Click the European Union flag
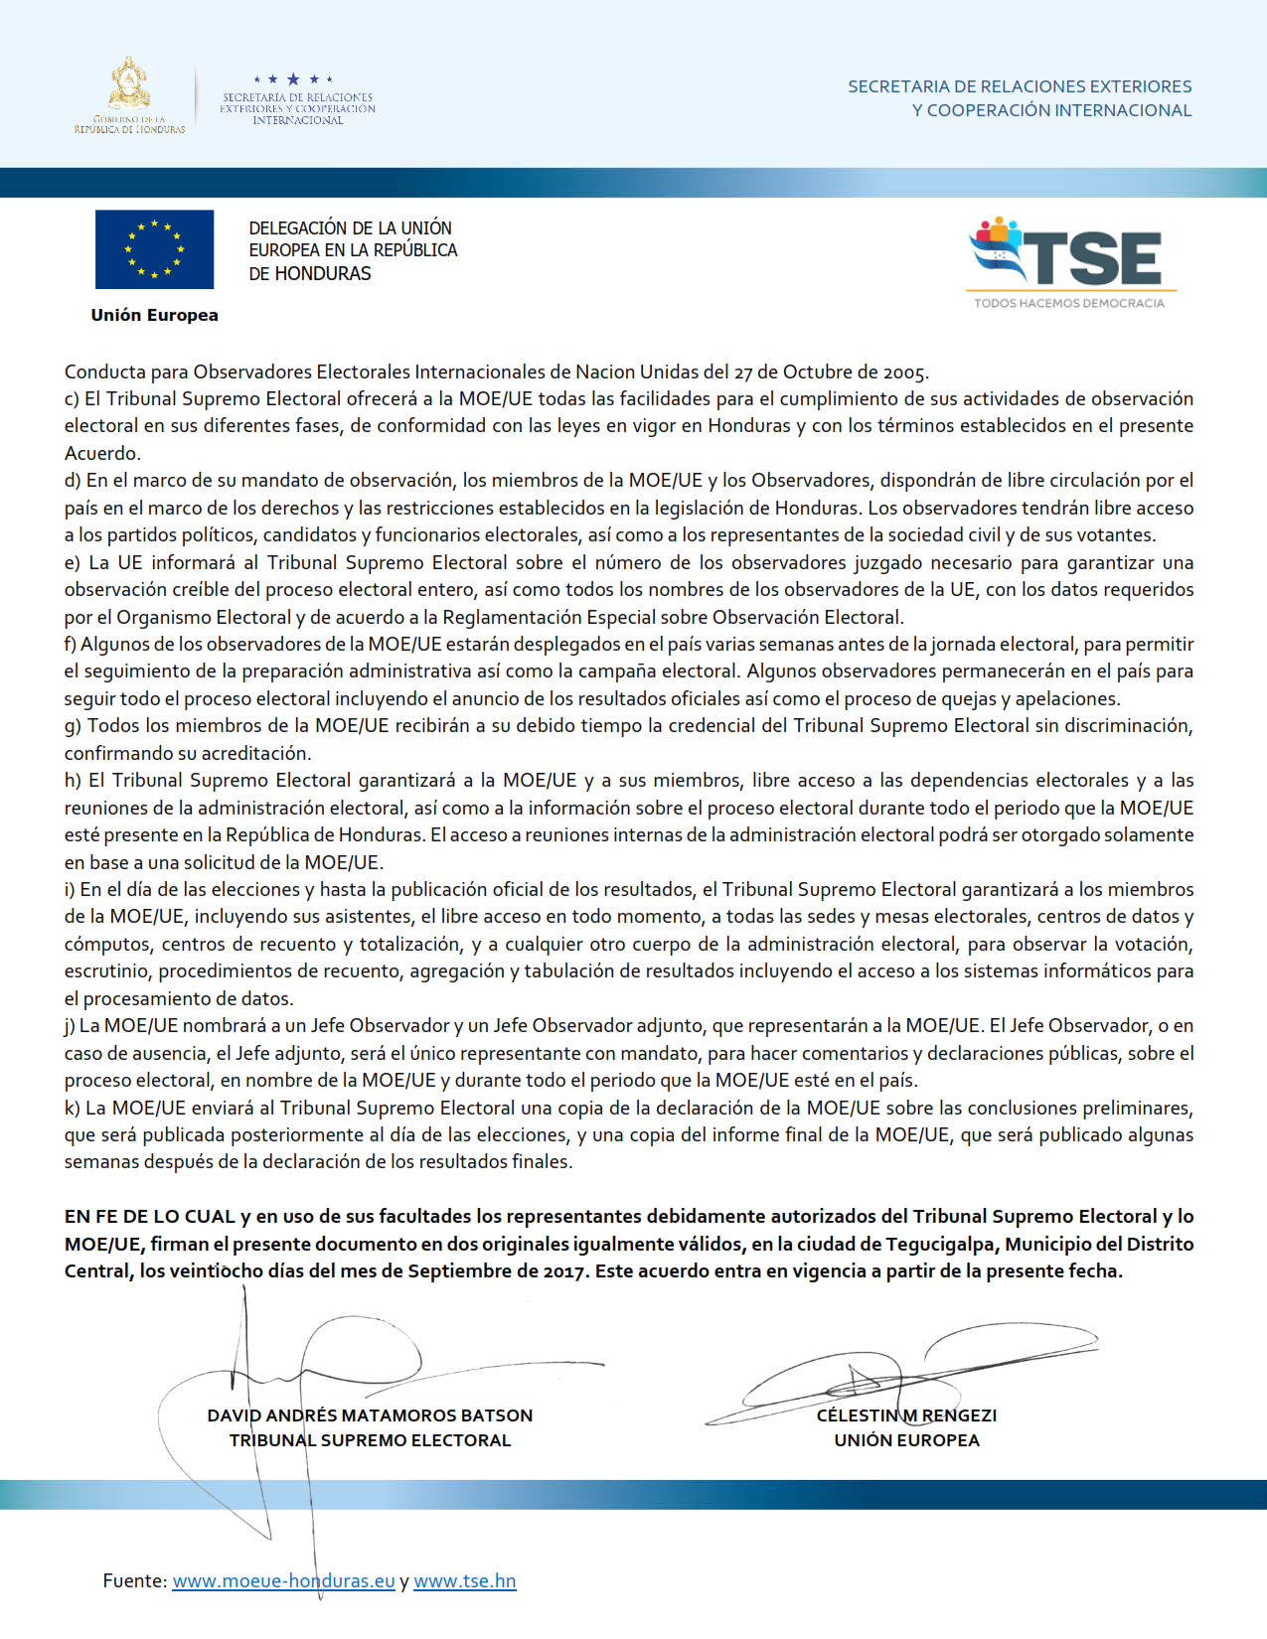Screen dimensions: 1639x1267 click(154, 249)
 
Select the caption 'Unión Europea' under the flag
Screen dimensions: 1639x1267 click(154, 315)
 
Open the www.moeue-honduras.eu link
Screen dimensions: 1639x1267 click(283, 1580)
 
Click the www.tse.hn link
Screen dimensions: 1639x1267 click(464, 1580)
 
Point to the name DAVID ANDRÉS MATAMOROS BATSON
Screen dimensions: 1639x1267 click(370, 1415)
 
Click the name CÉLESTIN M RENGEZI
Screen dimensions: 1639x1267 click(906, 1415)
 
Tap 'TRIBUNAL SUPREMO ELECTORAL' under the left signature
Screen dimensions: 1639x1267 click(370, 1440)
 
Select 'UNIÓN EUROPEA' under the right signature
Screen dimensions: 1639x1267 click(906, 1440)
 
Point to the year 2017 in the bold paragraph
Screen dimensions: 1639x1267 click(564, 1271)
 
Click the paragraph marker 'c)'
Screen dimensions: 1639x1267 click(73, 399)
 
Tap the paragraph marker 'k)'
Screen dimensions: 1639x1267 click(73, 1108)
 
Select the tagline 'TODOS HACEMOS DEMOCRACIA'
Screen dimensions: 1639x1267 click(1069, 303)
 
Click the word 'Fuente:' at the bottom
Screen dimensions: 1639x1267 click(134, 1580)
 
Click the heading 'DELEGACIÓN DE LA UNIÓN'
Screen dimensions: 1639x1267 click(350, 228)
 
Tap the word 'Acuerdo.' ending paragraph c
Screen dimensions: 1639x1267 click(102, 454)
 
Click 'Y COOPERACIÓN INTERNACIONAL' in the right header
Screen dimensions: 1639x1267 click(1051, 110)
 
